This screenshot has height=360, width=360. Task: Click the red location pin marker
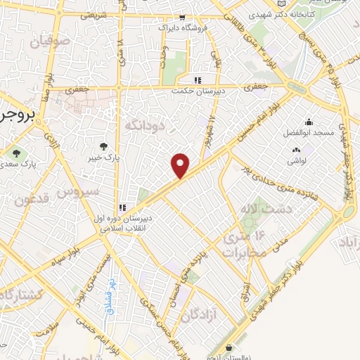coord(181,165)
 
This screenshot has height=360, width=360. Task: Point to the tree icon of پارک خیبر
coord(104,146)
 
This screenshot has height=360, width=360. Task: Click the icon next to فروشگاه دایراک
coord(183,18)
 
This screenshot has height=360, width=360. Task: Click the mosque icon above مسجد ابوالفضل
coord(309,122)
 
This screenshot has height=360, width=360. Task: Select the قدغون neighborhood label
coord(31,201)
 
